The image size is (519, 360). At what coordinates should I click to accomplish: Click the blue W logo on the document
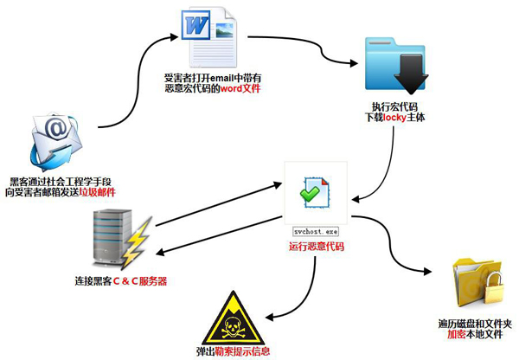pyautogui.click(x=193, y=27)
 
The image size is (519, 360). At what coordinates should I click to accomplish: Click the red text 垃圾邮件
pyautogui.click(x=96, y=192)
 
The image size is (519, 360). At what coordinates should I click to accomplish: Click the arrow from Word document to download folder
pyautogui.click(x=303, y=48)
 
